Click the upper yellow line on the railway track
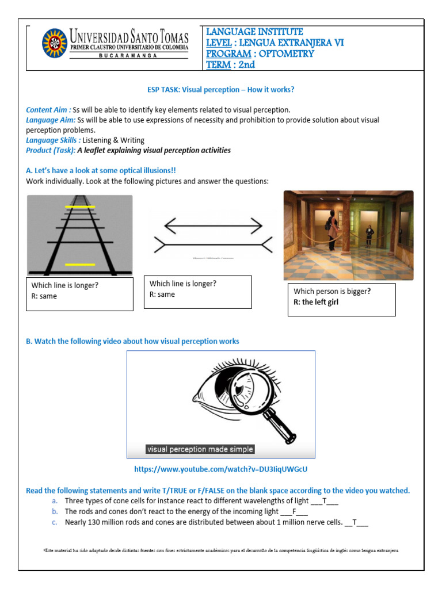click(80, 206)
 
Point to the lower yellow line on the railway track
click(80, 264)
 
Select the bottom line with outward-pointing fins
click(211, 245)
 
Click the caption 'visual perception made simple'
click(200, 449)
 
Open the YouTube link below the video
click(224, 469)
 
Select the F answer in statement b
click(294, 511)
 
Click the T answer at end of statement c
click(355, 522)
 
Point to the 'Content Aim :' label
click(48, 109)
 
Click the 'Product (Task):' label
click(51, 150)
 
